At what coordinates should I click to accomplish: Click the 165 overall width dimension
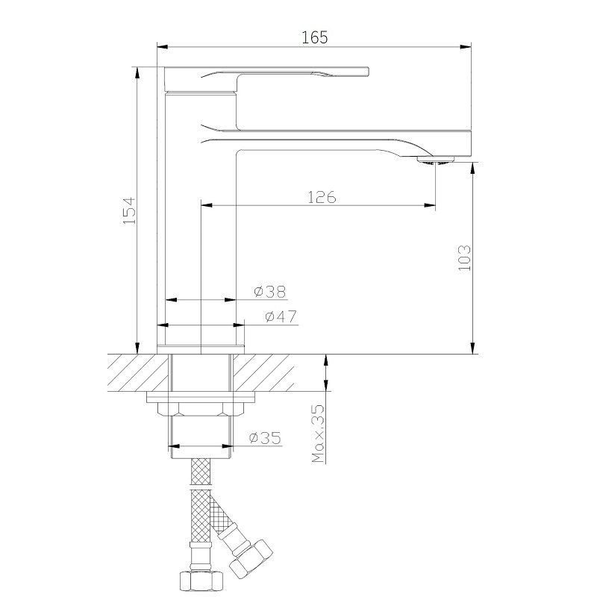(314, 37)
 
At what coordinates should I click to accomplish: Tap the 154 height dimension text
(129, 210)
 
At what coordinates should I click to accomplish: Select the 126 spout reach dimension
(322, 197)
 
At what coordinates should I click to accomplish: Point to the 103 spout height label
(464, 257)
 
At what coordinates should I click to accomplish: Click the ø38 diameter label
(269, 292)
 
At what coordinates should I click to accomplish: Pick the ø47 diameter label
(281, 316)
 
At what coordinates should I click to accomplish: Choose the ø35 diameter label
(265, 437)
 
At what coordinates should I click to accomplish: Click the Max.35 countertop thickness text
(319, 434)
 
